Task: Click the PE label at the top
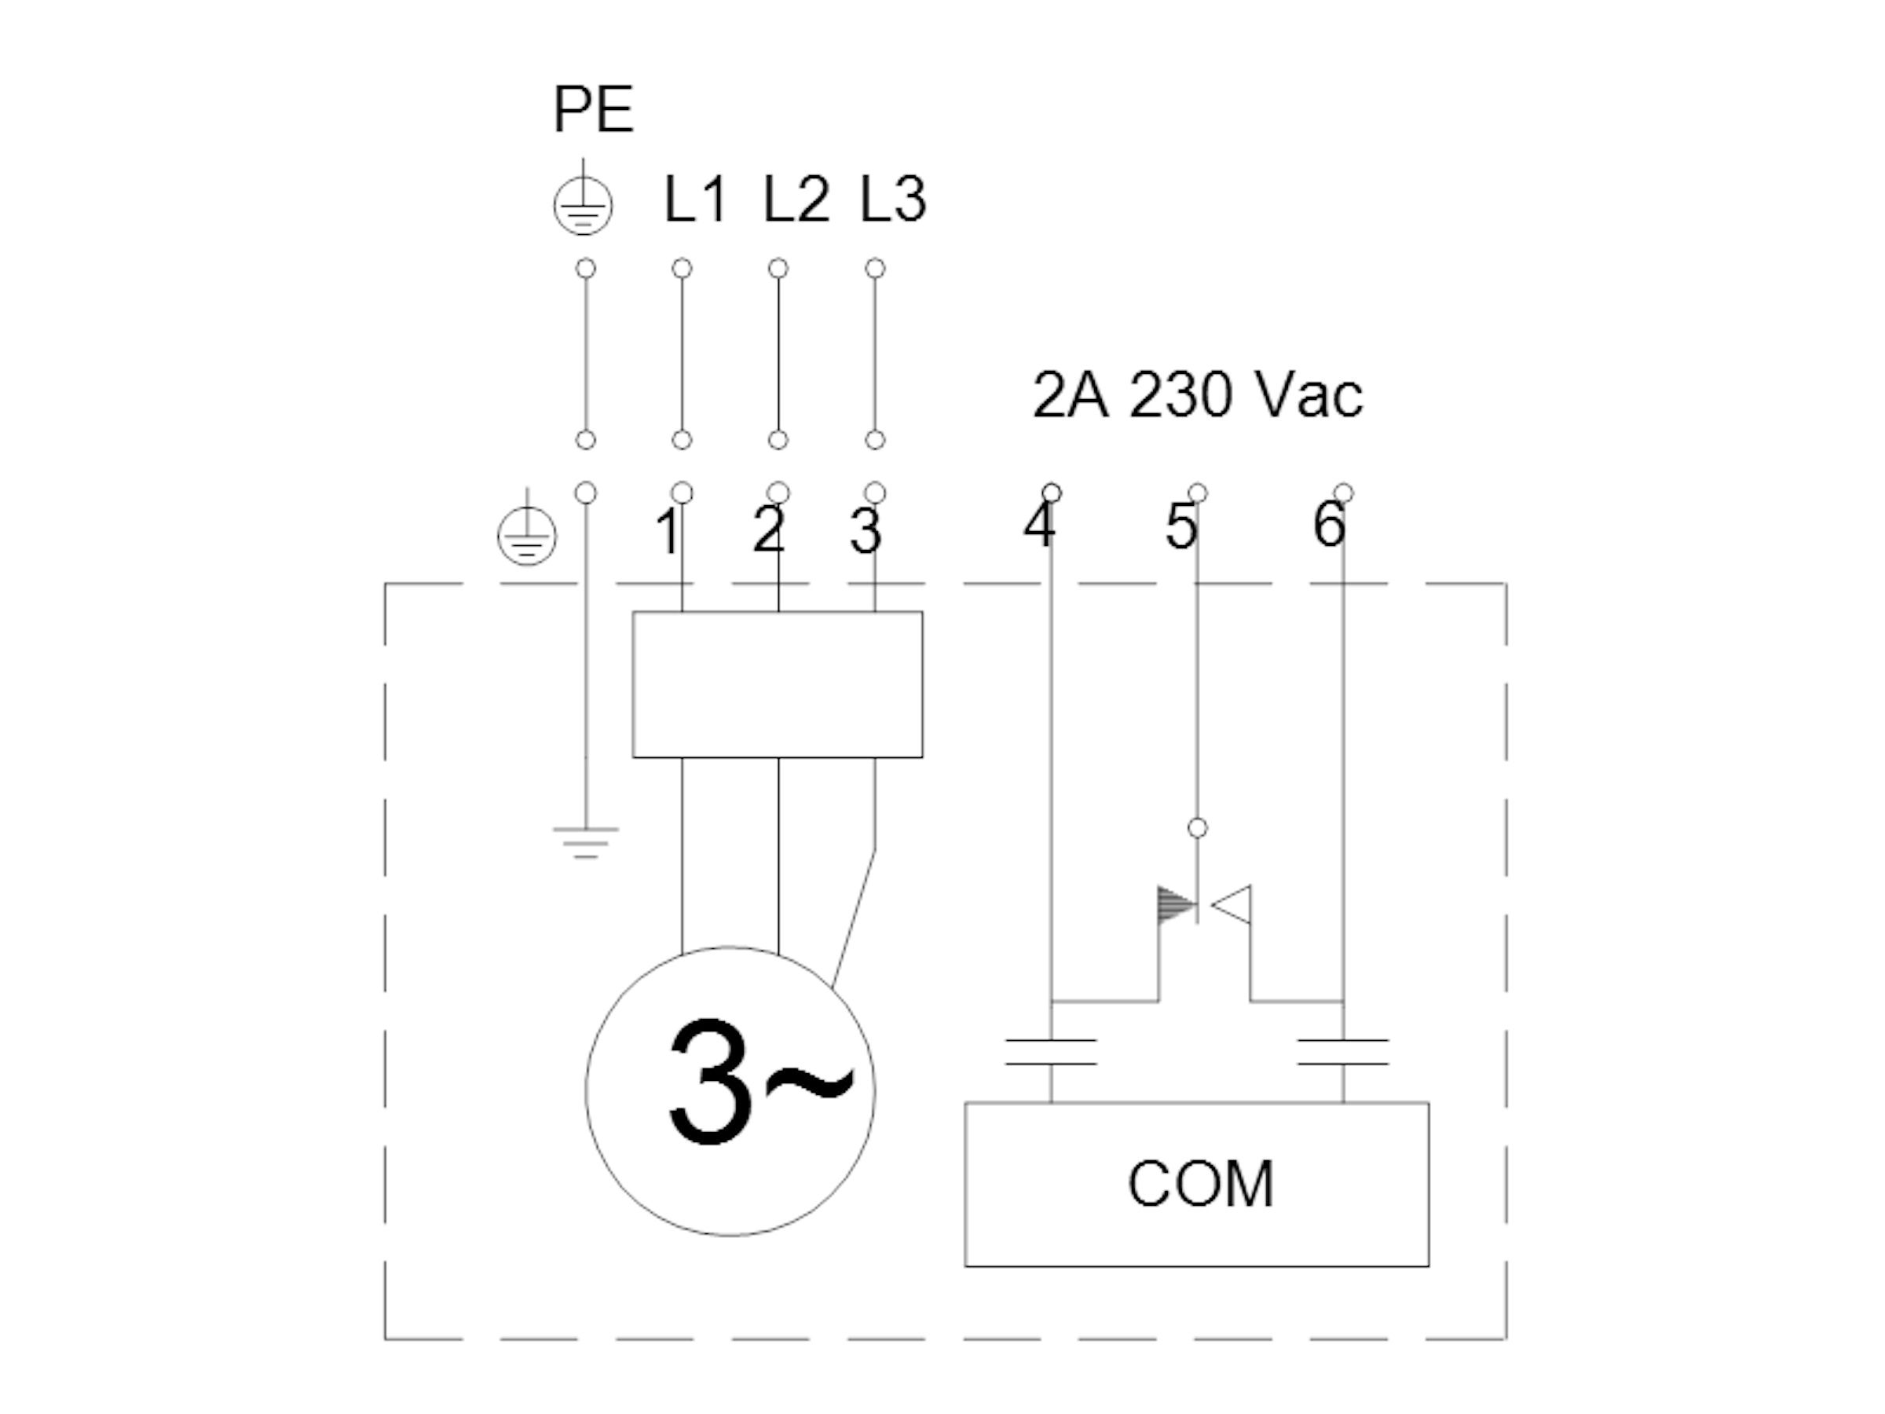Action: pos(593,109)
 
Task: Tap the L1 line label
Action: pos(694,200)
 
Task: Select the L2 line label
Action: pos(795,200)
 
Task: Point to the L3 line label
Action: pos(892,200)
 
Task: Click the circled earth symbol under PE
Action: pos(583,204)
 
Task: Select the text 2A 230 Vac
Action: pos(1197,395)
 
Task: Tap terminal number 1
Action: pos(669,532)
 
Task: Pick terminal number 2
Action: pos(769,530)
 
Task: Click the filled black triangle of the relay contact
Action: pos(1177,905)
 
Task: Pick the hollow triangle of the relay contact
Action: pos(1232,905)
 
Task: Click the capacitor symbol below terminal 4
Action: pos(1051,1052)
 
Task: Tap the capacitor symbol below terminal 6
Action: pos(1343,1052)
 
